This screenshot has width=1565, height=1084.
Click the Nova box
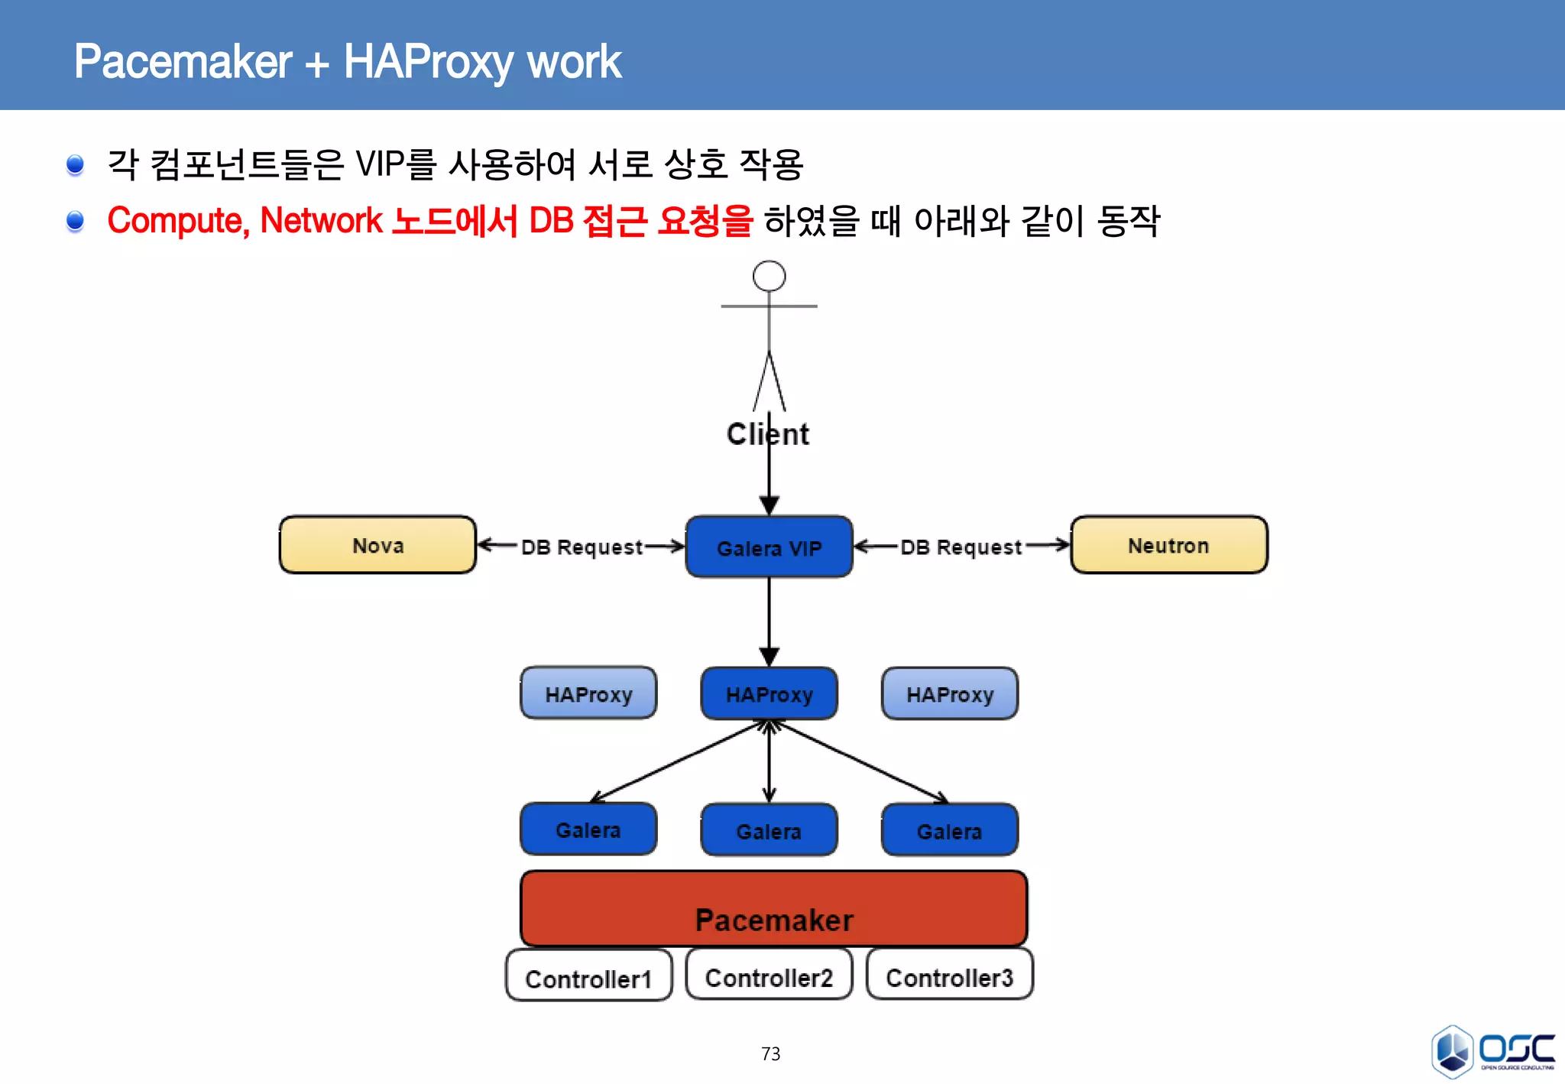tap(377, 545)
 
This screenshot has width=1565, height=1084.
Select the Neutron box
tap(1168, 545)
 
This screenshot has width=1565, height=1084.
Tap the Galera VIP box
tap(769, 547)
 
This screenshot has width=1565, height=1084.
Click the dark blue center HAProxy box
tap(769, 694)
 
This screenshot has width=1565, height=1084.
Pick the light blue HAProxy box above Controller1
tap(588, 693)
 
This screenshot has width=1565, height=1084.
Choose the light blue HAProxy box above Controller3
tap(949, 693)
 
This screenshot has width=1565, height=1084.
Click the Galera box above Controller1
tap(588, 829)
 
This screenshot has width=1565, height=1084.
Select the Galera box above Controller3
tap(949, 830)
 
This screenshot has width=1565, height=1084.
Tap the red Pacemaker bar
tap(773, 908)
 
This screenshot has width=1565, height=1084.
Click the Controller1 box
tap(588, 976)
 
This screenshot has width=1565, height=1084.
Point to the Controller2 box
tap(769, 975)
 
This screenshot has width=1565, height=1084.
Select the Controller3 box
tap(949, 975)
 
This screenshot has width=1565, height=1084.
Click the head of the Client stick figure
tap(769, 276)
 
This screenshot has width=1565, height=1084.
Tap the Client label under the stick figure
tap(767, 434)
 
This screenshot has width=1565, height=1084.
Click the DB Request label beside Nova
tap(581, 547)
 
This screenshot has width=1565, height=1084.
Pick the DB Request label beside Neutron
tap(961, 547)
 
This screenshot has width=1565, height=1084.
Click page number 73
tap(770, 1053)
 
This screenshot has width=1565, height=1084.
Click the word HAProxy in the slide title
tap(427, 62)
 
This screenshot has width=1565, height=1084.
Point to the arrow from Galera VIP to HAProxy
tap(769, 619)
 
